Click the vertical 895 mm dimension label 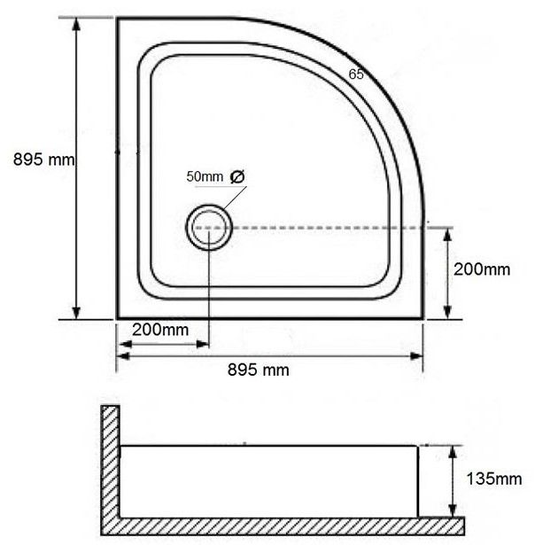coord(43,160)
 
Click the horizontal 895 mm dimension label coord(258,370)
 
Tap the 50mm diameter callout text coord(215,176)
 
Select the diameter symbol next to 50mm coord(237,176)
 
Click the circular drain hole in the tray coord(209,206)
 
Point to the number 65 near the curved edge coord(356,74)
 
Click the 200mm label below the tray coord(160,330)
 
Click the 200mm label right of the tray coord(482,269)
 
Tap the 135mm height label coord(493,479)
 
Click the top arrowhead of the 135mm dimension coord(452,452)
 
